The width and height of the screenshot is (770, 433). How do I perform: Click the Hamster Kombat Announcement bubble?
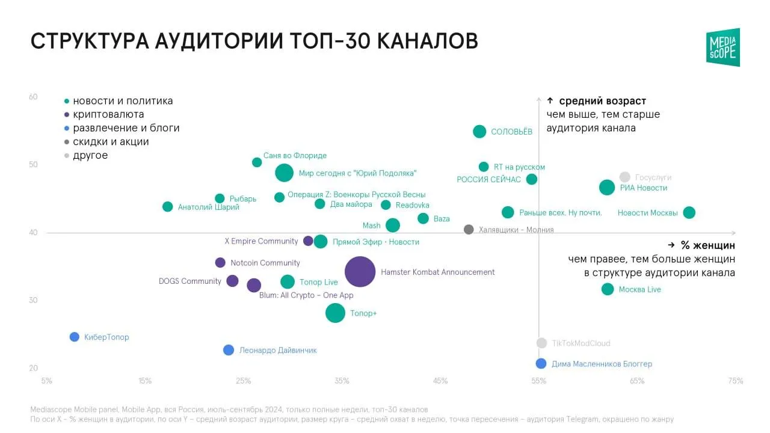360,271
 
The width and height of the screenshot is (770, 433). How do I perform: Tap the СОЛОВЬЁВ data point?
479,131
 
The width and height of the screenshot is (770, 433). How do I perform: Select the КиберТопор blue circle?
74,337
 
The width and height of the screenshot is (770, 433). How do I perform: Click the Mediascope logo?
723,48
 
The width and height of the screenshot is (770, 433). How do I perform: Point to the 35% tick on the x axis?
342,381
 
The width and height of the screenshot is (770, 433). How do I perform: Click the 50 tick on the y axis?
33,165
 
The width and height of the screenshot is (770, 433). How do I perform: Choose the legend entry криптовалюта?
108,114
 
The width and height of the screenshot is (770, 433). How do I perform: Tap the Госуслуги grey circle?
624,177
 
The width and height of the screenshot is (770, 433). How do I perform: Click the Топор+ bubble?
335,313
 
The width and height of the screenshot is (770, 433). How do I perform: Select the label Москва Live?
639,289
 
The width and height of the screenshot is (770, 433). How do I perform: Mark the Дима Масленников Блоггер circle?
541,363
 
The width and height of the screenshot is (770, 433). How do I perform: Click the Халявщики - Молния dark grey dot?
469,229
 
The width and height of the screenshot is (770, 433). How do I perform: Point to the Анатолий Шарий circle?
167,206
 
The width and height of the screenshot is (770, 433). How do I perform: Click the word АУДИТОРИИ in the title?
219,41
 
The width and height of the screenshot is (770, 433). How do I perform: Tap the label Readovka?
412,205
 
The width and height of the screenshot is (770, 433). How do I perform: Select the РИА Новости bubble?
607,188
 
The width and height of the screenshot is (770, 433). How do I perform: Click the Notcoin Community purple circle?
220,263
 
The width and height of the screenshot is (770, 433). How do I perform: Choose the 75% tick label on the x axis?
735,381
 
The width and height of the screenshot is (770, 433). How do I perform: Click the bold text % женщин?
708,245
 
